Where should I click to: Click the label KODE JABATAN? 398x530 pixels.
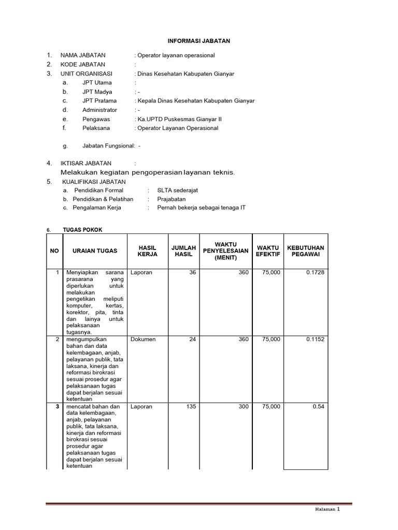[x=83, y=65]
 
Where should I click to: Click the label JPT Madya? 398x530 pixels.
[x=97, y=92]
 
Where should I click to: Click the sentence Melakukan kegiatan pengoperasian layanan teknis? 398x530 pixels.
[x=148, y=172]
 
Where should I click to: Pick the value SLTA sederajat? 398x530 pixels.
[x=178, y=190]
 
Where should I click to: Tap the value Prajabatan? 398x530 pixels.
[x=172, y=199]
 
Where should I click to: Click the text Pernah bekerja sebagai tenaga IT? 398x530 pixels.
[x=202, y=208]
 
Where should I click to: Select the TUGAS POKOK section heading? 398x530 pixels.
[x=79, y=230]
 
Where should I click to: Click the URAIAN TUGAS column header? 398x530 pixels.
[x=95, y=251]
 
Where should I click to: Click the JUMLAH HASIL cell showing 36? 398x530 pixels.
[x=193, y=273]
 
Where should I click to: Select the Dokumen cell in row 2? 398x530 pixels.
[x=143, y=340]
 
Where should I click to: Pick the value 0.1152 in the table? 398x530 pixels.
[x=315, y=340]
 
